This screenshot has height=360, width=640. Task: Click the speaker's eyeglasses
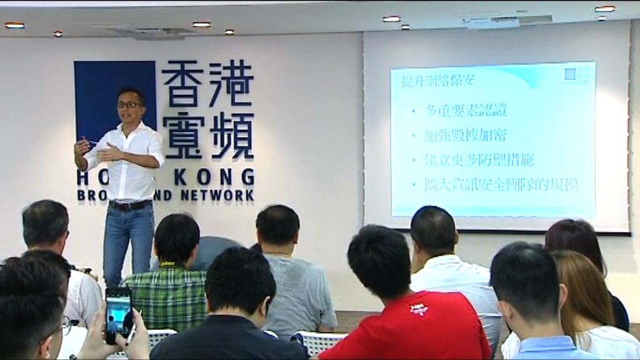pos(129,105)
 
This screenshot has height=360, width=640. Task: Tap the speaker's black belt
pos(131,205)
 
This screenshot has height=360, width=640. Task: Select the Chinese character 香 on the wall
pos(184,84)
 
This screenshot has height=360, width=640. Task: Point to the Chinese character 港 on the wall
pos(232,84)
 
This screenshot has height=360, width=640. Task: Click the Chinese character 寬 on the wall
pos(184,135)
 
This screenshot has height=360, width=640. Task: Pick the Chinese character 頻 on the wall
pos(232,135)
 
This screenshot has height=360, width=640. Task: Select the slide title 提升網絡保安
pos(425,81)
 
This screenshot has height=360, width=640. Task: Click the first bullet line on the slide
pos(466,111)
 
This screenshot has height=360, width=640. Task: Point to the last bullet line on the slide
pos(501,185)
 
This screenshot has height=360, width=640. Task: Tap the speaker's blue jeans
pos(128,241)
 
